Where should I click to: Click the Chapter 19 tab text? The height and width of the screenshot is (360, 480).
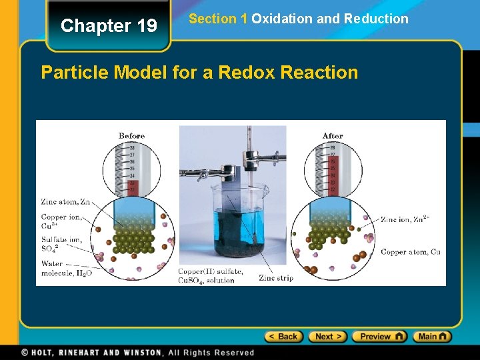[x=109, y=26]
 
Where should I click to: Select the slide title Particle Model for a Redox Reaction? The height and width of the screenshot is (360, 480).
[x=199, y=72]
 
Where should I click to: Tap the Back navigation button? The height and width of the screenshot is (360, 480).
[x=283, y=337]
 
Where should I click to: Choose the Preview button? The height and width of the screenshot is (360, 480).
[x=379, y=337]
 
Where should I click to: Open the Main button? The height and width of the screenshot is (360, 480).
[x=431, y=337]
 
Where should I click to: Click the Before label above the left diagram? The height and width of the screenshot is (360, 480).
[x=131, y=136]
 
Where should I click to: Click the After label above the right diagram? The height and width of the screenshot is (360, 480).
[x=332, y=136]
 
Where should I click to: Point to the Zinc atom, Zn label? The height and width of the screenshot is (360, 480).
[x=65, y=201]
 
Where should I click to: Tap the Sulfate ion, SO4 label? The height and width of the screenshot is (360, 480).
[x=62, y=244]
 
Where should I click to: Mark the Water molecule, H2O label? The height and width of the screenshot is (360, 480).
[x=66, y=269]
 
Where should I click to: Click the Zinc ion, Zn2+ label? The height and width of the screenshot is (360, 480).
[x=405, y=219]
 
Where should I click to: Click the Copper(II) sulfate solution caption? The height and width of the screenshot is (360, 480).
[x=210, y=276]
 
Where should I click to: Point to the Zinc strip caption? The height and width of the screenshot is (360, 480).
[x=275, y=278]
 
